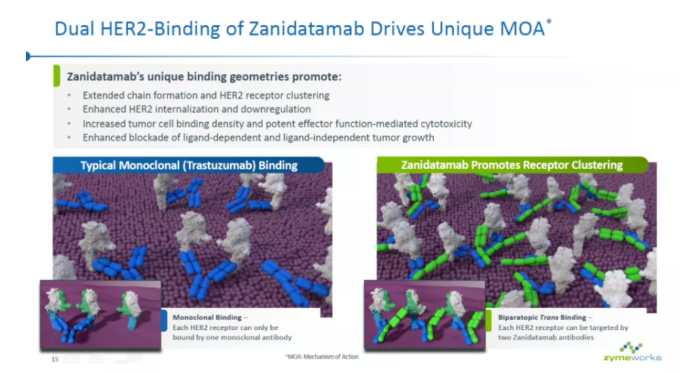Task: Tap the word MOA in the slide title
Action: pos(522,29)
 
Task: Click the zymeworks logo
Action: pos(632,352)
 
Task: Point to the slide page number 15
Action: pos(55,359)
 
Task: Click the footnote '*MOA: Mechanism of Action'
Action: pos(322,357)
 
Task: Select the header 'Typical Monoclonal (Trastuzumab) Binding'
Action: pos(188,165)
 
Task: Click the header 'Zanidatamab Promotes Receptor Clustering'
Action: pos(512,165)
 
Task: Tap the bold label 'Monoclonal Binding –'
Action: pos(210,317)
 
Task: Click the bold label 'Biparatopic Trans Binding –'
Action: pos(545,317)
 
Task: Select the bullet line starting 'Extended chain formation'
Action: pos(206,95)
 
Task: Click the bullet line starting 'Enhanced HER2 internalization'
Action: pos(197,109)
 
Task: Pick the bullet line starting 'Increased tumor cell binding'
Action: pos(277,123)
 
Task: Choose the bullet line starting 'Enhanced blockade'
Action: pos(259,138)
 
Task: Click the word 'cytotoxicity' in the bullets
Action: pos(446,123)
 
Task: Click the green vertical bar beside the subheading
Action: pos(56,76)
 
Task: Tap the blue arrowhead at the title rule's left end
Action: pos(28,56)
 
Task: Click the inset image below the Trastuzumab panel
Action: pos(101,315)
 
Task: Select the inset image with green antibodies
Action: pos(425,315)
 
